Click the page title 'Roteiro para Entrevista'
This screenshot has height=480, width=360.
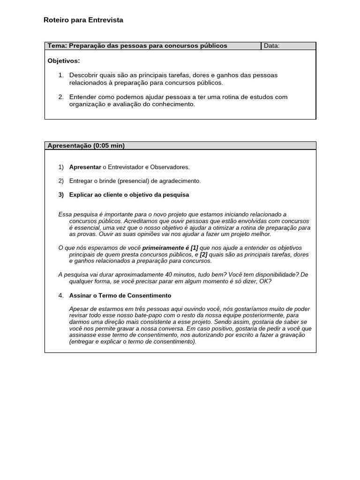tap(83, 20)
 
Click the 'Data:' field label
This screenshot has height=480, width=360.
tap(272, 46)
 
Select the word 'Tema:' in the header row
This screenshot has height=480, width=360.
tap(57, 46)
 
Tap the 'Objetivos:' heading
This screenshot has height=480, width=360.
tap(64, 61)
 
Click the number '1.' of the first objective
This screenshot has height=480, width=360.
tap(61, 75)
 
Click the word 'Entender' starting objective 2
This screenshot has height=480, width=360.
tap(82, 97)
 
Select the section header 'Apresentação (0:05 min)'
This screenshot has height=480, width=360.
tap(86, 146)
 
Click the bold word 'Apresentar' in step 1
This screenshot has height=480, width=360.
tap(85, 167)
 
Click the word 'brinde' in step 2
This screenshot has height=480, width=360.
tap(107, 181)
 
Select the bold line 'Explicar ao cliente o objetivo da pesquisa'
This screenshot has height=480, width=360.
tap(129, 195)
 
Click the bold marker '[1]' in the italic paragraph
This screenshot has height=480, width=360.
tap(194, 247)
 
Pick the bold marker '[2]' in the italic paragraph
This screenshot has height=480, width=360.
tap(203, 254)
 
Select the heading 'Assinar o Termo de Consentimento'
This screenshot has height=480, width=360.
tap(120, 296)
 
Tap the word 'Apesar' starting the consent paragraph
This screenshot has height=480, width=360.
tap(78, 309)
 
